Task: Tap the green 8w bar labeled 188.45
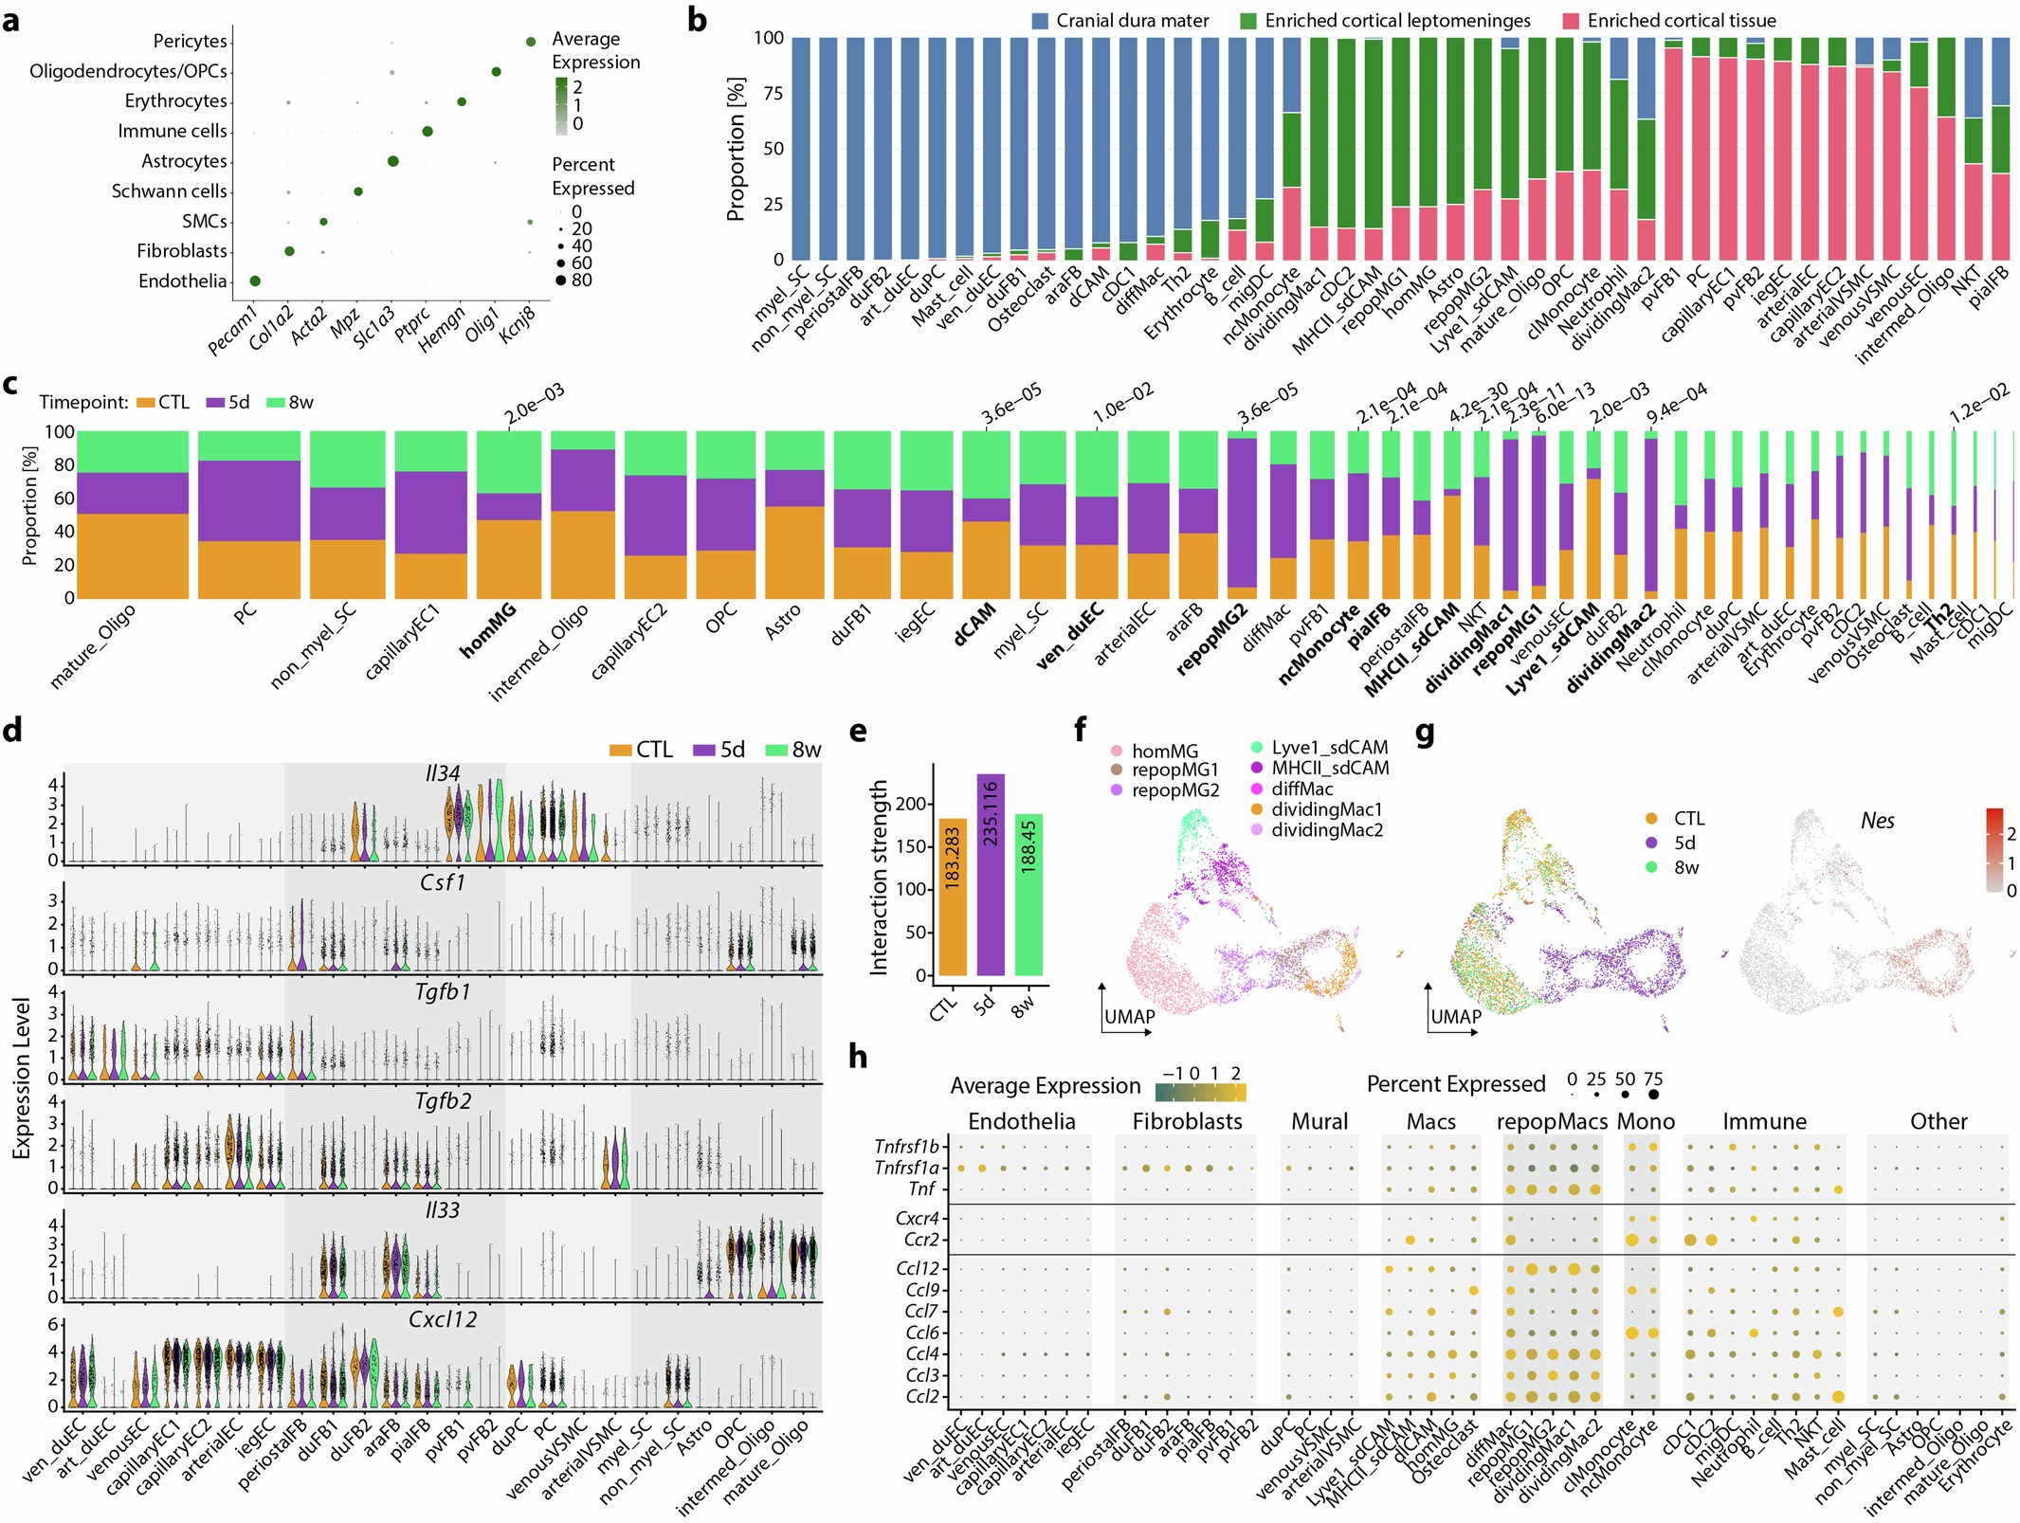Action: point(1028,895)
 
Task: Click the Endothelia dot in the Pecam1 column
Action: point(255,281)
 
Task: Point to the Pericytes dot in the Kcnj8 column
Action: point(531,41)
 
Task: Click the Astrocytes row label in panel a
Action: point(184,161)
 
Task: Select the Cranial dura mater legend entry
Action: point(1119,20)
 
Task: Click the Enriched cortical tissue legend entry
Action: point(1668,20)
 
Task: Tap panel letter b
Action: point(697,19)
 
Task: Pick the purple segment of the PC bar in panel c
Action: point(248,500)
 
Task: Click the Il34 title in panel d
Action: point(443,773)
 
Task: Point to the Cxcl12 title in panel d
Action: point(443,1319)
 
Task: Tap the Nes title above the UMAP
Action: point(1877,821)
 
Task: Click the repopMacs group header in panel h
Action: point(1552,1121)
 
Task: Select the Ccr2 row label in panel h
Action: point(920,1240)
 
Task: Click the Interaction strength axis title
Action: point(879,877)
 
